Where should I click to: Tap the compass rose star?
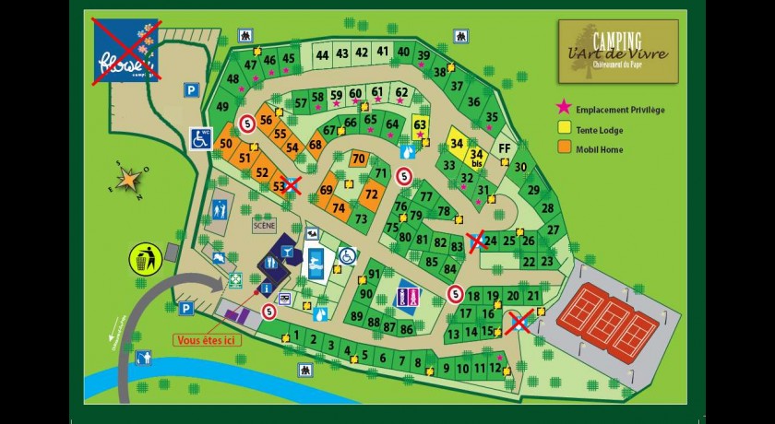[131, 175]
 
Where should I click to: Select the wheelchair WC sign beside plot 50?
[201, 138]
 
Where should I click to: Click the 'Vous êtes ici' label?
[205, 339]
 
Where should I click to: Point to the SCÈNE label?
[264, 224]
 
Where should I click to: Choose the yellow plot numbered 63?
[421, 126]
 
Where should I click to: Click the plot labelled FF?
[504, 148]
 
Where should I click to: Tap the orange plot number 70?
[359, 159]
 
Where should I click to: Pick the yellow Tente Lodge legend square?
[564, 129]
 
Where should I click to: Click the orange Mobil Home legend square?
[564, 148]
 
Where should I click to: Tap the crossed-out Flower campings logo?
[126, 52]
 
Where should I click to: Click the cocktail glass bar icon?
[287, 251]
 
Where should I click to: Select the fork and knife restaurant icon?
[270, 264]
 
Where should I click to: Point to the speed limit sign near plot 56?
[246, 123]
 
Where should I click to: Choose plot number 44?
[322, 55]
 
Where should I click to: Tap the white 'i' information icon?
[268, 289]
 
